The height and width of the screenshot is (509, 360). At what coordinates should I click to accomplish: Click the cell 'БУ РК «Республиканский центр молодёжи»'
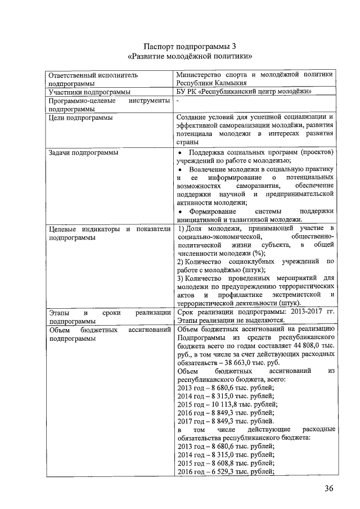pyautogui.click(x=244, y=91)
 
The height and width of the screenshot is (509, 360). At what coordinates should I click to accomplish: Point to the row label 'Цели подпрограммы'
pyautogui.click(x=80, y=118)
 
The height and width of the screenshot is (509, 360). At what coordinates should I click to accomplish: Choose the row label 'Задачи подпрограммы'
pyautogui.click(x=83, y=152)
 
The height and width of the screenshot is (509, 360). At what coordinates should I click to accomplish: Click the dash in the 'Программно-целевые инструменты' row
pyautogui.click(x=178, y=100)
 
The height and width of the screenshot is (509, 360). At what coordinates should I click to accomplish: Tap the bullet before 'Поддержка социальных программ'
pyautogui.click(x=179, y=152)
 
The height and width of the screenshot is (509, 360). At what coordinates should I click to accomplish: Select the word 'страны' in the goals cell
pyautogui.click(x=188, y=143)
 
